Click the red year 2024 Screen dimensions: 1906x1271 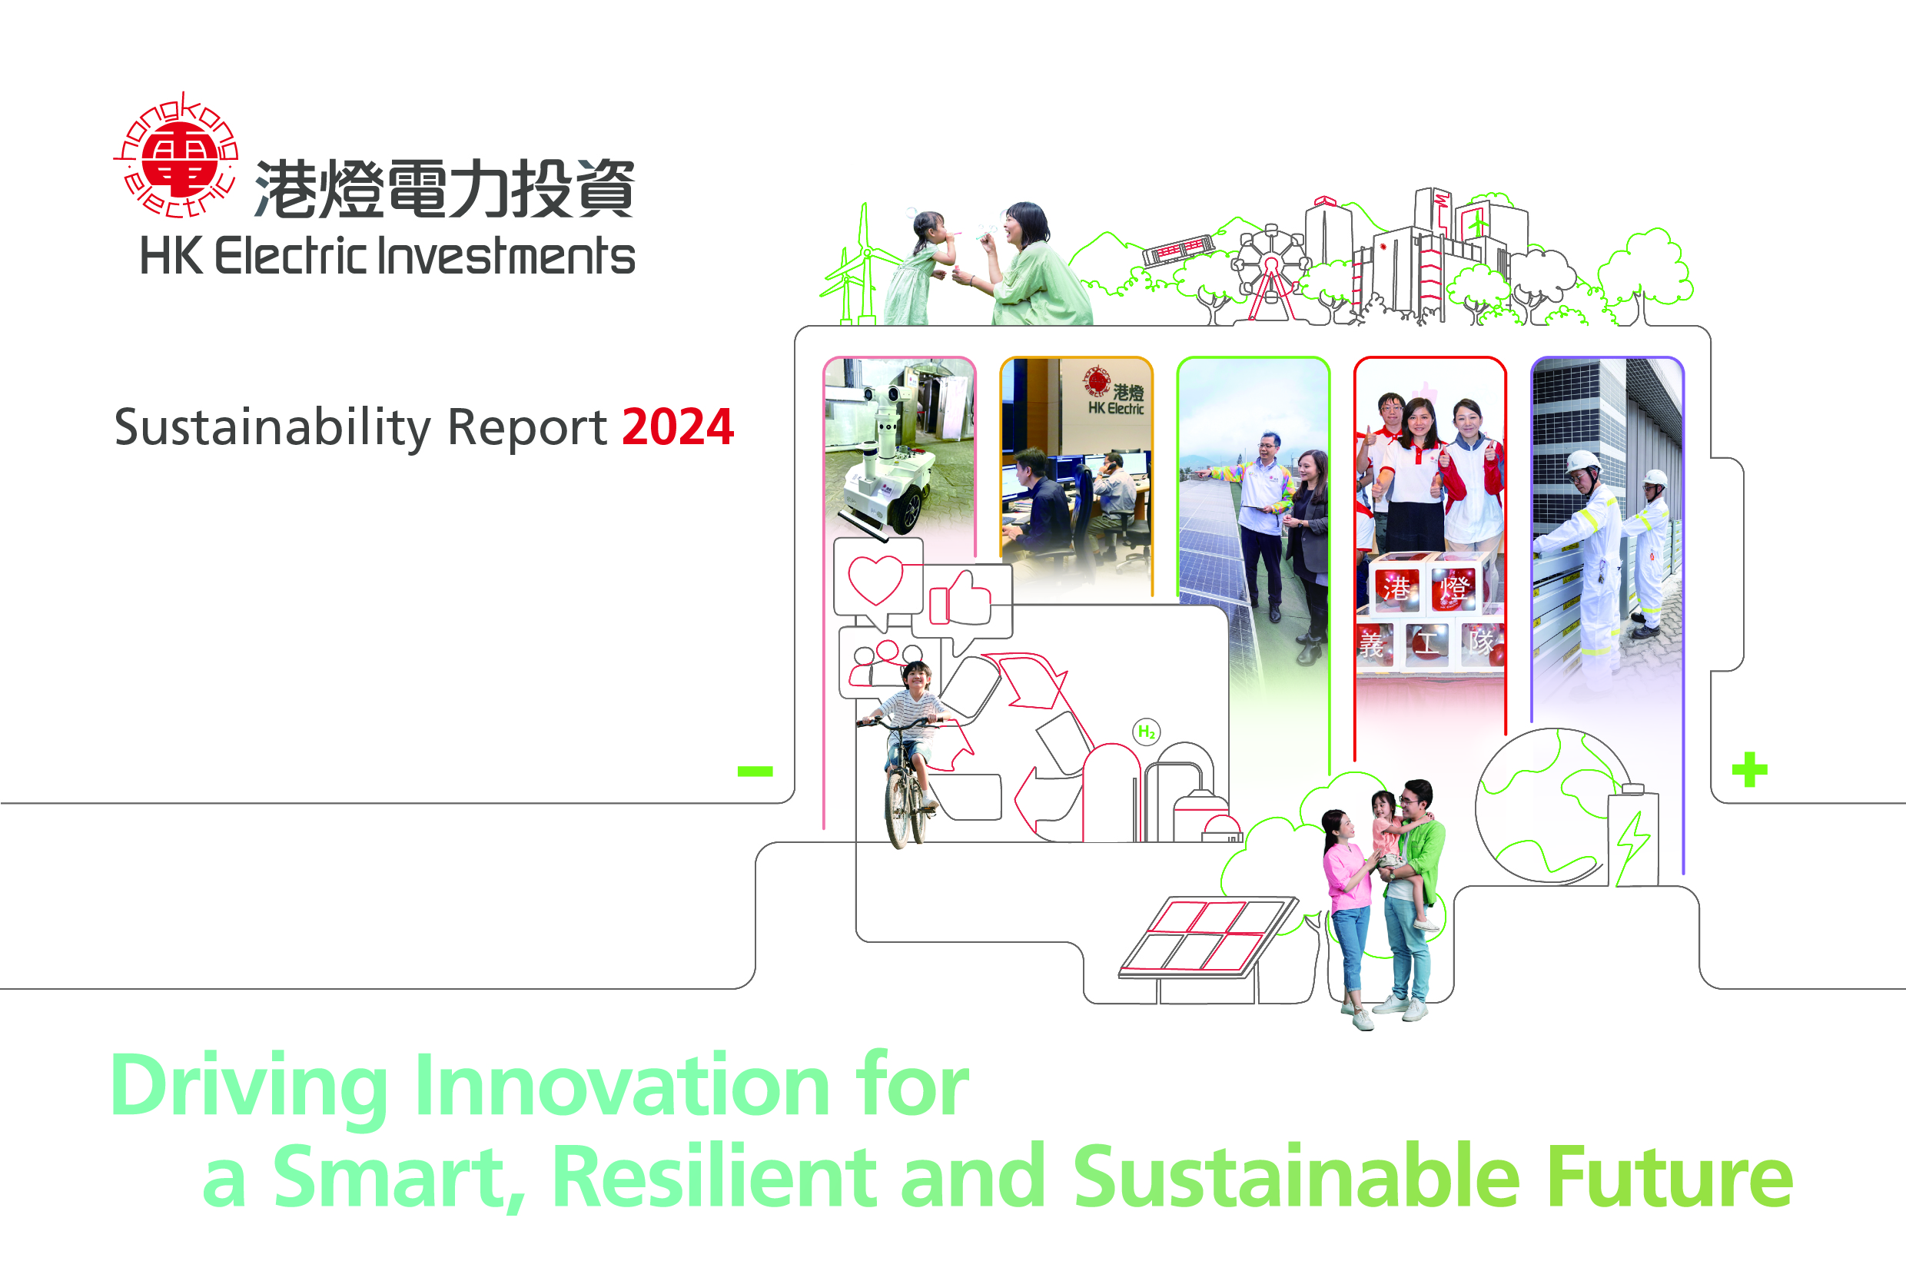click(x=678, y=427)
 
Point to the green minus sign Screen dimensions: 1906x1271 click(x=755, y=771)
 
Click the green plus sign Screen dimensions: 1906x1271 click(x=1749, y=769)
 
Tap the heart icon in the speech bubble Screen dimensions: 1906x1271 click(x=875, y=579)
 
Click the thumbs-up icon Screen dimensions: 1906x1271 click(x=961, y=598)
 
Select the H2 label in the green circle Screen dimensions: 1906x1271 click(x=1146, y=732)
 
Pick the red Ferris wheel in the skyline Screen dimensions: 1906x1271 click(x=1270, y=271)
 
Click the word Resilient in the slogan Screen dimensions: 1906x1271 click(x=714, y=1177)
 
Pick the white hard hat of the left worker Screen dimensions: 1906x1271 click(x=1582, y=463)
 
